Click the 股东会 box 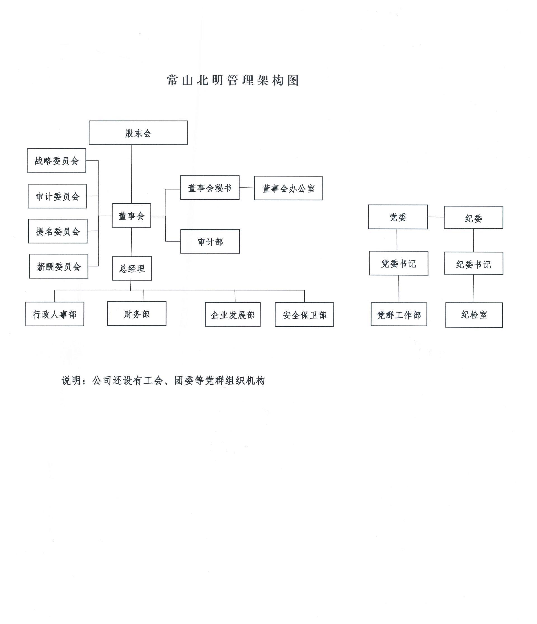click(x=138, y=133)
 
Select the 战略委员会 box click(x=56, y=160)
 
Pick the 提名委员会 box click(x=58, y=231)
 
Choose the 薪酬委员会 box click(x=59, y=266)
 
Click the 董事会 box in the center click(x=131, y=215)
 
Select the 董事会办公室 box click(x=288, y=188)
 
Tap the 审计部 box click(x=210, y=241)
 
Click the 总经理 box click(x=132, y=268)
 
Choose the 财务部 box click(x=137, y=314)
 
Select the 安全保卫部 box click(x=304, y=315)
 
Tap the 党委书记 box click(x=399, y=263)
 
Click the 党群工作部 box click(x=399, y=315)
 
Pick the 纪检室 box click(x=474, y=315)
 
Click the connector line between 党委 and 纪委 click(x=436, y=217)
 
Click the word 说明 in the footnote click(x=72, y=381)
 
